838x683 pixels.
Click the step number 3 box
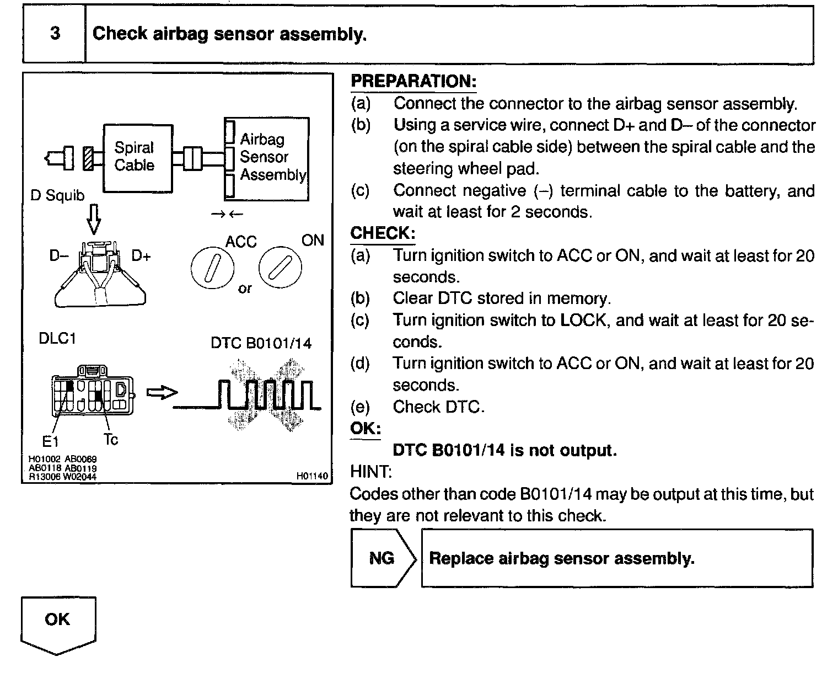(55, 34)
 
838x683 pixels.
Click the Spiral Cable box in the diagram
(138, 157)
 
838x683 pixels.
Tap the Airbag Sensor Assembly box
(267, 158)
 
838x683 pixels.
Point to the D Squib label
(57, 196)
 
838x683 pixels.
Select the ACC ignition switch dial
(212, 270)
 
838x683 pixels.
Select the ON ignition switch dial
(280, 269)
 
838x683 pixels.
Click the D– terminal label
(59, 257)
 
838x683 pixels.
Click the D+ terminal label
(141, 257)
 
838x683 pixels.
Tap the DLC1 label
(57, 338)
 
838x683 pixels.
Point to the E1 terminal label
(50, 441)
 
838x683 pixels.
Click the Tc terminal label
(110, 440)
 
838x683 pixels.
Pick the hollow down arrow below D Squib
(94, 220)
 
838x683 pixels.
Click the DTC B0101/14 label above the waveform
(261, 344)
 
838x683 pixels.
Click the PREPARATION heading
(413, 82)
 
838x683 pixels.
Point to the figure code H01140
(312, 476)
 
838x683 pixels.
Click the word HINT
(370, 472)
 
